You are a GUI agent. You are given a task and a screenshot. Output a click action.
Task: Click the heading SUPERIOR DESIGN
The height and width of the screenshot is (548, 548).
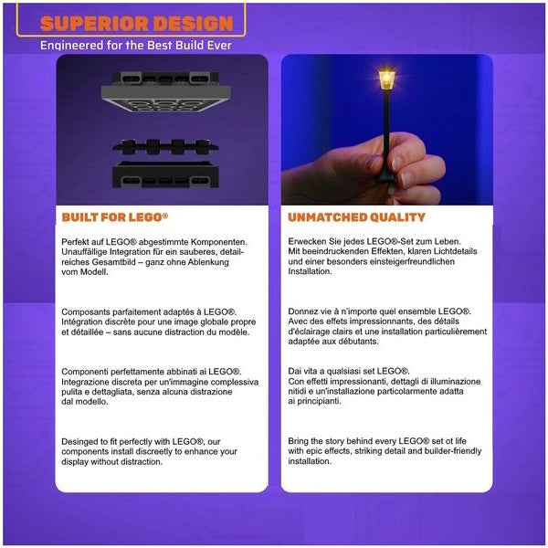coord(137,24)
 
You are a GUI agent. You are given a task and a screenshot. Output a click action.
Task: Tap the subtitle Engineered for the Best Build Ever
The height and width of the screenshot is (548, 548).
coord(136,45)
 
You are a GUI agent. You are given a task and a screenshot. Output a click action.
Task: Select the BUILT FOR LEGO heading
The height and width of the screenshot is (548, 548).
coord(115,217)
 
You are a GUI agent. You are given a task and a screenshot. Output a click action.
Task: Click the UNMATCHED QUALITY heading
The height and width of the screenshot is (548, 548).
coord(356,217)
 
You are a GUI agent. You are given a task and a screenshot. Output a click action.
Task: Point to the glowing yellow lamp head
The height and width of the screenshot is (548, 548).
coord(386,79)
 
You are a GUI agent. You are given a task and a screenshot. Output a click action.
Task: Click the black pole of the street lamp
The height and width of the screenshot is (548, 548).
coord(386,132)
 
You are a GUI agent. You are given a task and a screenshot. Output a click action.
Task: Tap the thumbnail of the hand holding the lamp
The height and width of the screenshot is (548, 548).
coord(387,130)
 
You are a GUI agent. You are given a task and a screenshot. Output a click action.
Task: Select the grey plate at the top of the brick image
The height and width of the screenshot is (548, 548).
coord(165,92)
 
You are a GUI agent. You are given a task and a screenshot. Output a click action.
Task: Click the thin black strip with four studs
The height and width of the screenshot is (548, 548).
coord(165,147)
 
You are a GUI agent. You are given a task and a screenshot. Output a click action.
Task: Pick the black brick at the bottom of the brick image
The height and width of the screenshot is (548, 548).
coord(165,174)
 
